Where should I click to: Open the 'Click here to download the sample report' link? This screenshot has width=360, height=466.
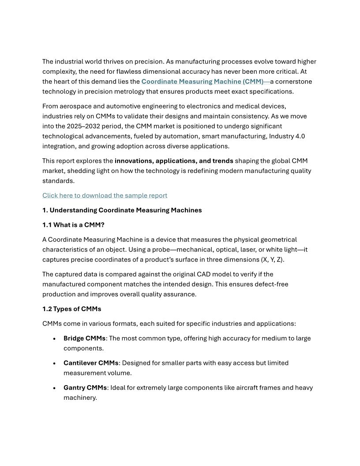[105, 195]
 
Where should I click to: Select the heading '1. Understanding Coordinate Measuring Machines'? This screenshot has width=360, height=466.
[122, 210]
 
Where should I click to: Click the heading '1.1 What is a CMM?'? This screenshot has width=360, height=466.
[73, 225]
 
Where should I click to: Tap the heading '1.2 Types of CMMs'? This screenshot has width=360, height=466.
[71, 309]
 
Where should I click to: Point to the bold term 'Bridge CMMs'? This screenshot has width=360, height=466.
[84, 338]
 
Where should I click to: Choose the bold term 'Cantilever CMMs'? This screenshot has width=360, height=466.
[91, 363]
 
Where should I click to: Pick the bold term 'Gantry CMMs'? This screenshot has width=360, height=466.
[85, 388]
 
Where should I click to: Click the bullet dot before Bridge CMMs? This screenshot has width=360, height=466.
[54, 339]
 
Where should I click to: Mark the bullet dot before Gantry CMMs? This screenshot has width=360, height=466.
[54, 388]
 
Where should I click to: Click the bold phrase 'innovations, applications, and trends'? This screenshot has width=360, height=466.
[174, 161]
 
